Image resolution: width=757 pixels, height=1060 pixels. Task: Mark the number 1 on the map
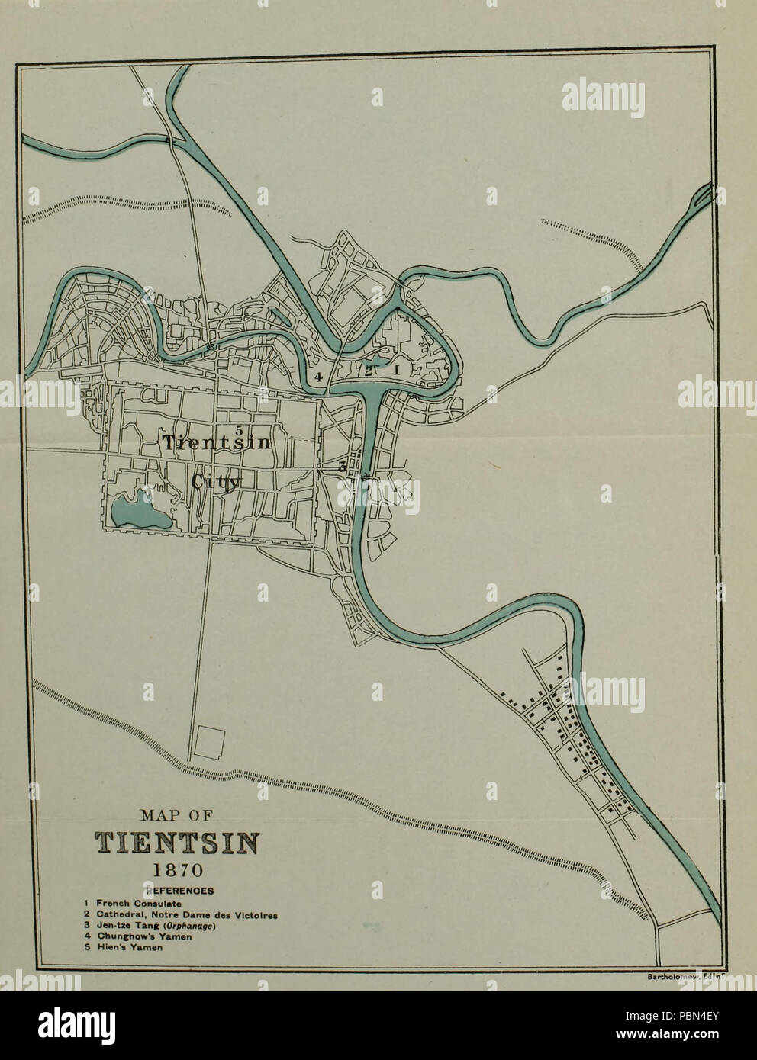tap(396, 369)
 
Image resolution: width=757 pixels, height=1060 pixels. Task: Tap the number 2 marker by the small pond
tap(368, 371)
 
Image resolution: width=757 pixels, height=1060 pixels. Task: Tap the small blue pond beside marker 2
tap(379, 361)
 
